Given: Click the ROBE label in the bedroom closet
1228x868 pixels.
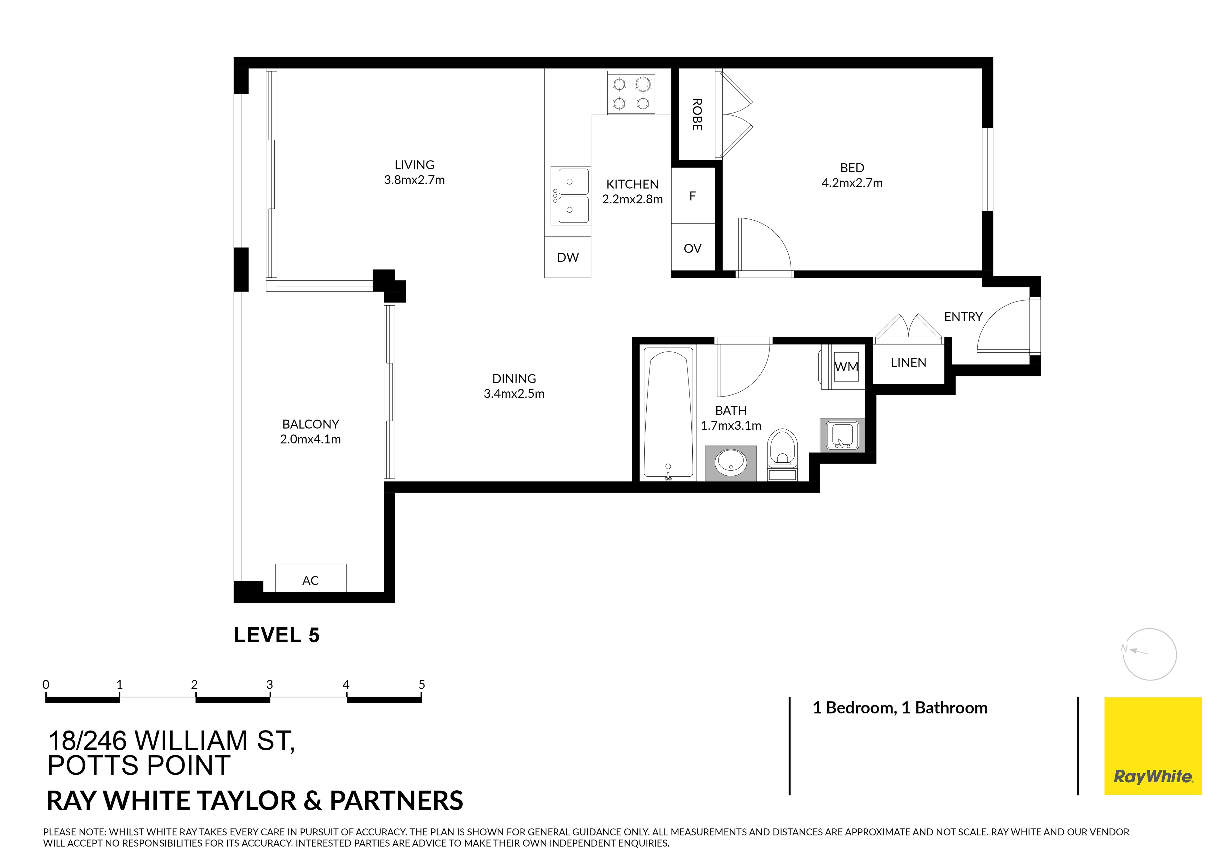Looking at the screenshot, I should point(697,114).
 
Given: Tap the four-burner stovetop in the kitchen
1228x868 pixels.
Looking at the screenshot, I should point(632,93).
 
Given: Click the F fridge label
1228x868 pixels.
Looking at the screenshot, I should point(693,196).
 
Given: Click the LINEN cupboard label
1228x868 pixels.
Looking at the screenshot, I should point(908,363).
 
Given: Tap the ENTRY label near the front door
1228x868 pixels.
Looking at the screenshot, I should point(963,317).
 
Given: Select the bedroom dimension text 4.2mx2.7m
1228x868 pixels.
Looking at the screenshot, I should point(852,183).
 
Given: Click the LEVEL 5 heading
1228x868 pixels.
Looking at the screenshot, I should point(277,635).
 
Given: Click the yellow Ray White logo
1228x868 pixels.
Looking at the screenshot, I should point(1153,746).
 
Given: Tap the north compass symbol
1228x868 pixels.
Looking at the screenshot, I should point(1149,654).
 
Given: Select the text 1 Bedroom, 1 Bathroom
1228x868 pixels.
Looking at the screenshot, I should point(900,708).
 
